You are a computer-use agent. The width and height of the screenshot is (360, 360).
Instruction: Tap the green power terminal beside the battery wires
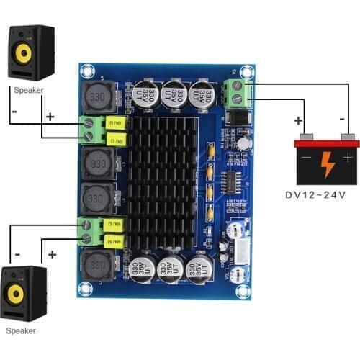[236, 93]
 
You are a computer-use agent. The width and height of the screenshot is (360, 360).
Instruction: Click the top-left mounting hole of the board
[88, 71]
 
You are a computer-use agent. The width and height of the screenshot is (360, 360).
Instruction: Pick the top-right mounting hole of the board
[248, 71]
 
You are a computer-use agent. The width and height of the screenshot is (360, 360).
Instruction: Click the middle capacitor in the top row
[175, 94]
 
